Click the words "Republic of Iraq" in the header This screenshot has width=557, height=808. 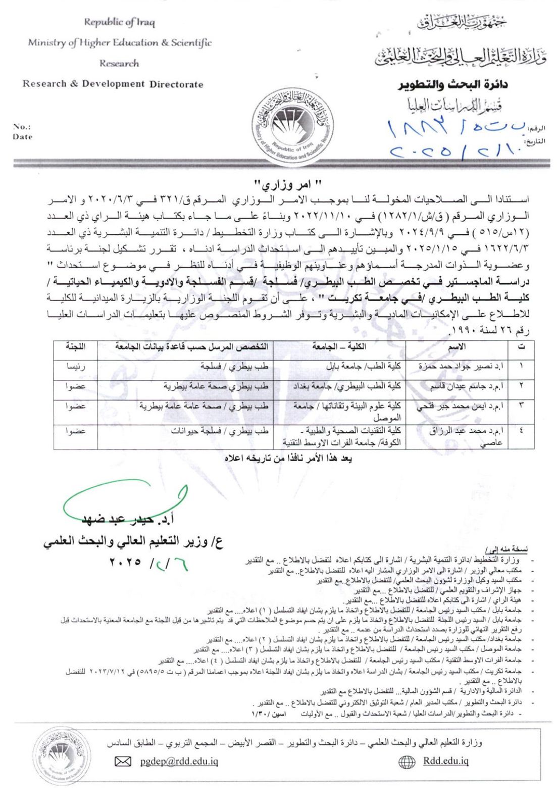point(119,22)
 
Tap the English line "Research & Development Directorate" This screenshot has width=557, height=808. point(113,84)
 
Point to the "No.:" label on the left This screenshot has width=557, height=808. point(22,127)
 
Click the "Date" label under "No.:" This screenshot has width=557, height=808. point(23,137)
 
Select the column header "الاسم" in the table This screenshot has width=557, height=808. point(457,347)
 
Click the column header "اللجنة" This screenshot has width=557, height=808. point(75,347)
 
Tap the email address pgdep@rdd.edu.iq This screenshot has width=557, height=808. point(179,761)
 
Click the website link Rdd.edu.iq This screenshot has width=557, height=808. point(445,761)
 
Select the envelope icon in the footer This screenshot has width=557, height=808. point(123,762)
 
